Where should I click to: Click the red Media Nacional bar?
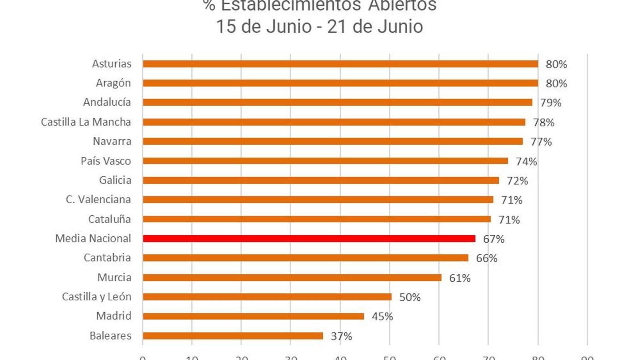point(309,238)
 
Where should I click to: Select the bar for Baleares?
point(233,336)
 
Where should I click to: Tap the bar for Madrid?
point(253,316)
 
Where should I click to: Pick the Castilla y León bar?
point(267,297)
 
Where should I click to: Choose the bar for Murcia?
point(292,278)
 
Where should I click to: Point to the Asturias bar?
point(340,64)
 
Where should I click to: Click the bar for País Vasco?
point(325,161)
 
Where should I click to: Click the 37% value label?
point(341,336)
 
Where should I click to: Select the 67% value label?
point(494,239)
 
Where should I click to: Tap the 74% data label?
point(526,162)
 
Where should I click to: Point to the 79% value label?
point(550,103)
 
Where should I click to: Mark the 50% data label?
point(410,298)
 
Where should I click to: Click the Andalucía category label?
point(107,102)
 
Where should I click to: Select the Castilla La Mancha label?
point(86,122)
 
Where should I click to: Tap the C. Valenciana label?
point(98,200)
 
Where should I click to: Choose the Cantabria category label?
point(107,258)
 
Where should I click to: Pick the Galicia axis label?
point(115,180)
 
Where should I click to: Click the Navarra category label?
point(112,141)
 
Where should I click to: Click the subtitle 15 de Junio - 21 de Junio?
point(319,27)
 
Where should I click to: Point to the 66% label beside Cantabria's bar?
point(486,258)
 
